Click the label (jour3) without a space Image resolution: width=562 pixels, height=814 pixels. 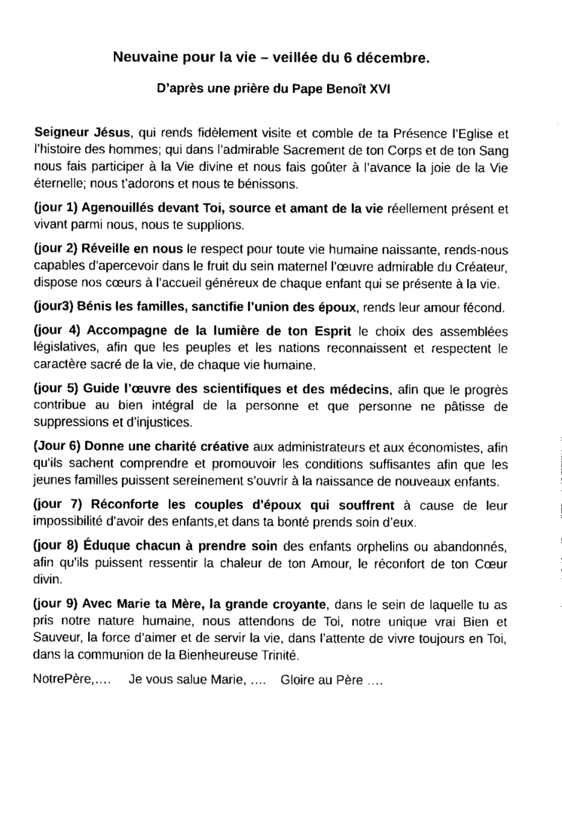pos(52,307)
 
